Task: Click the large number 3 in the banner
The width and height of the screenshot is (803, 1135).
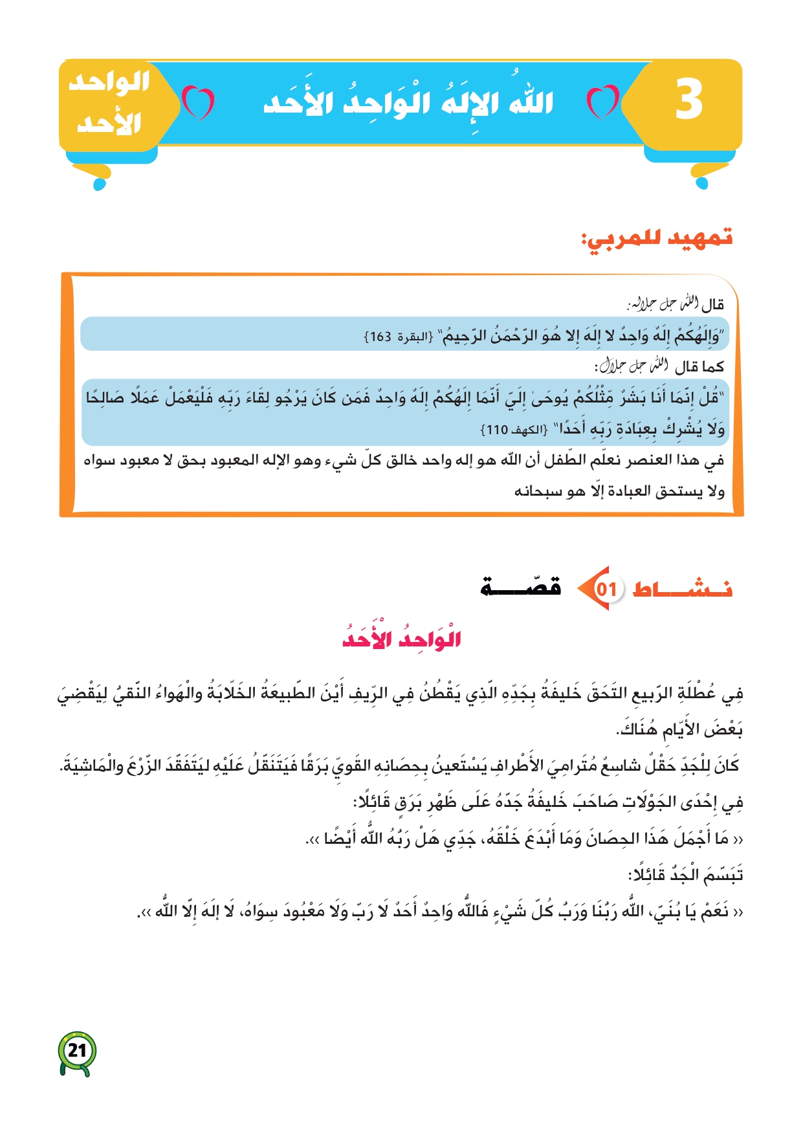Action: [x=689, y=100]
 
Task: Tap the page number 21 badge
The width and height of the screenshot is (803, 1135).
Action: [x=77, y=1050]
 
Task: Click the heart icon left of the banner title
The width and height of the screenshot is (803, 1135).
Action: [x=198, y=103]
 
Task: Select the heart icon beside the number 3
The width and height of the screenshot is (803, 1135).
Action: [x=602, y=102]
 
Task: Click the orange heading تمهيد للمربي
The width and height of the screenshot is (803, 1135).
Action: [x=657, y=239]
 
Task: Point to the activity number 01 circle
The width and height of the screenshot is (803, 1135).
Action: [x=606, y=589]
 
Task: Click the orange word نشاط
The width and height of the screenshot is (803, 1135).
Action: [x=682, y=589]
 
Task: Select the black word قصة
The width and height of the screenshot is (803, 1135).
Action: [x=520, y=586]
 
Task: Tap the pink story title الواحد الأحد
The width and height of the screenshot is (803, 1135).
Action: [x=401, y=637]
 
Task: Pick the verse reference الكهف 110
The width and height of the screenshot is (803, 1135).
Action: [x=514, y=430]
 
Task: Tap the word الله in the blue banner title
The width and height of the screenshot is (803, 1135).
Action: [x=531, y=102]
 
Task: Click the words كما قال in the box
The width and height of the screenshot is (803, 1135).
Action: [x=699, y=368]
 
